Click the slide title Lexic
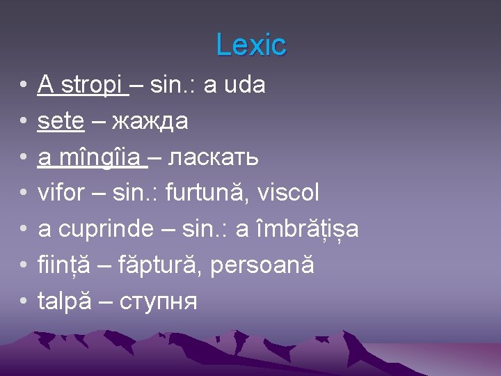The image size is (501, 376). [250, 45]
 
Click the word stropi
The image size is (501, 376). [93, 86]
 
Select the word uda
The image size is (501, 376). [244, 86]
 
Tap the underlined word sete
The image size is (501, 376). [61, 122]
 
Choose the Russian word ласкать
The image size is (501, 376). [214, 158]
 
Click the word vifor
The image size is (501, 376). [61, 192]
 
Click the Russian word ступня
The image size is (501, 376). [159, 302]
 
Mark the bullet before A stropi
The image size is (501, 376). [23, 86]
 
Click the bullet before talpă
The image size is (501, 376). [23, 301]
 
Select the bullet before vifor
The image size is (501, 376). [23, 194]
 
